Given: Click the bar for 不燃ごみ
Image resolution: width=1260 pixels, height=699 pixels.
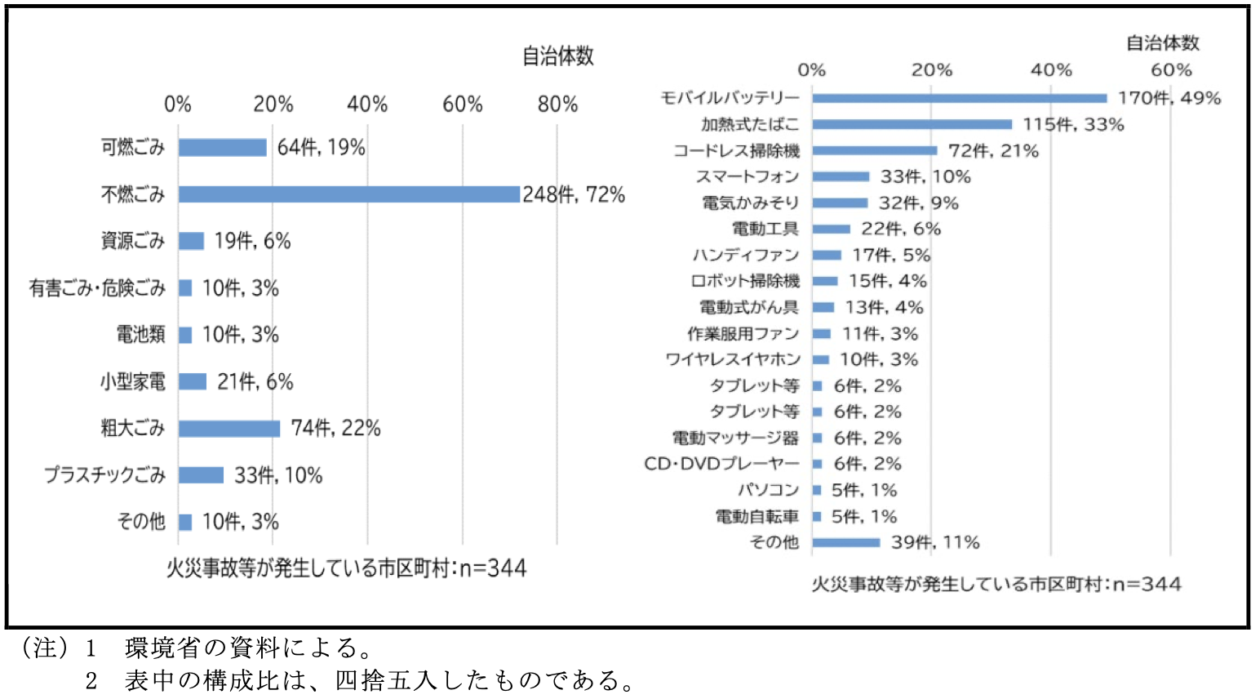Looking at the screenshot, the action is (x=348, y=194).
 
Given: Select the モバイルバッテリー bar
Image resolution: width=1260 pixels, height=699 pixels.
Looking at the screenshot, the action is (x=960, y=99).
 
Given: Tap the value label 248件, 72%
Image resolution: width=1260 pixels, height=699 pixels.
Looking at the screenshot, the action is (x=574, y=194).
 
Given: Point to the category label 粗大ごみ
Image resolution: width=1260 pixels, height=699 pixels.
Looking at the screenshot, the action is (x=133, y=428).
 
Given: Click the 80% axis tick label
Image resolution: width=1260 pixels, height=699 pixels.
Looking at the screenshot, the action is (x=557, y=105).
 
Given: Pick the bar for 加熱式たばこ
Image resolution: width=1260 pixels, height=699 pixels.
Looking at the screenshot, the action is (x=912, y=124).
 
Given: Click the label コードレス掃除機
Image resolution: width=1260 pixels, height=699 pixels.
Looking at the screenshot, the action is (x=736, y=151).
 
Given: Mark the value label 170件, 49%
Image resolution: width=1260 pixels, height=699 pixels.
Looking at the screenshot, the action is (x=1169, y=98).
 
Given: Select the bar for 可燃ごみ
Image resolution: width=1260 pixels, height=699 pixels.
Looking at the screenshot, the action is (x=222, y=148).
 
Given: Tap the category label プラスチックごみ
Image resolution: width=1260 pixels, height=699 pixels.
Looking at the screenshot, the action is (x=104, y=475).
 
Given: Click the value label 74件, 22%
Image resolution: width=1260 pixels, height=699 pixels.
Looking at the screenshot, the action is (x=336, y=428).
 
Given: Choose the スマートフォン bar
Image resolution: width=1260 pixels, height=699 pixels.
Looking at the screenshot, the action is (x=841, y=176).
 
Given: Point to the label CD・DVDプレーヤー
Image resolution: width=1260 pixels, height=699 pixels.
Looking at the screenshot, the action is (x=721, y=464).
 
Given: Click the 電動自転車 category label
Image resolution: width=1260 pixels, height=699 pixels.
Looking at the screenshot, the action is (x=757, y=516).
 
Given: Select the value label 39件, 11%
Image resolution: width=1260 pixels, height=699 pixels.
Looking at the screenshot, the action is (x=935, y=542).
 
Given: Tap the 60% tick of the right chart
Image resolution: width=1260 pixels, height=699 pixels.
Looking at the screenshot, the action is (x=1171, y=69).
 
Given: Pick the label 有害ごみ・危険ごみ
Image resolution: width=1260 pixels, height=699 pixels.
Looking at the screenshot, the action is (x=97, y=288).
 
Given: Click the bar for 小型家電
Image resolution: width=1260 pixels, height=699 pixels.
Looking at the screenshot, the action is (x=193, y=381).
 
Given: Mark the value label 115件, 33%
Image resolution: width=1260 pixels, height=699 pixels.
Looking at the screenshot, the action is (x=1073, y=124).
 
